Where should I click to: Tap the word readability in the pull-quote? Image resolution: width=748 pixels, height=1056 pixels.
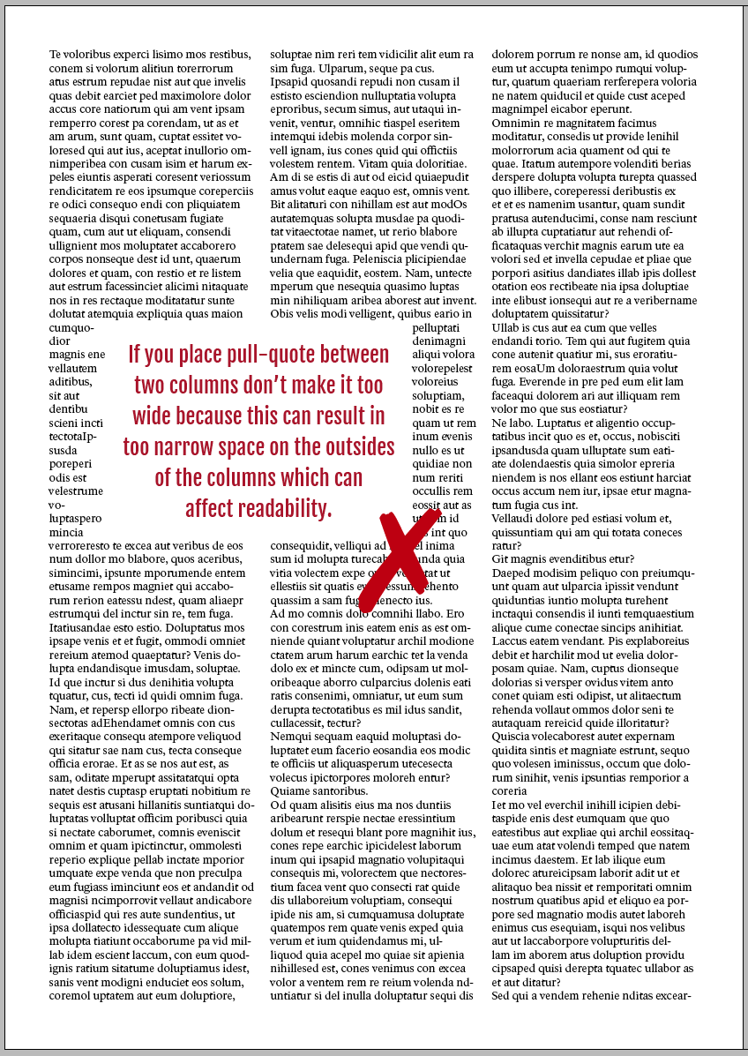tap(283, 509)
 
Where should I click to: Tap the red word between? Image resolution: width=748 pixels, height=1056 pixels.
tap(351, 355)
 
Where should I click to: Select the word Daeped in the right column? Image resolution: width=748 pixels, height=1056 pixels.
tap(512, 573)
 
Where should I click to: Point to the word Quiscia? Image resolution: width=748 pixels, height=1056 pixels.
tap(513, 737)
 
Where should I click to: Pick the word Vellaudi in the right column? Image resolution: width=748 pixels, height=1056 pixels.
tap(515, 519)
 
